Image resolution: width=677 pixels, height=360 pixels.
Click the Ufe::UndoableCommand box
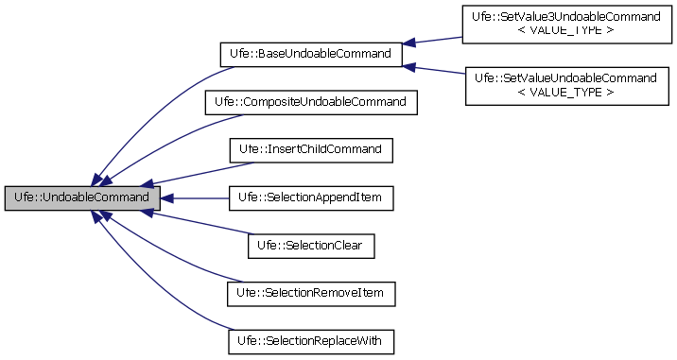[81, 197]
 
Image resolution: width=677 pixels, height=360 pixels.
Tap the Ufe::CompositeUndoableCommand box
[310, 101]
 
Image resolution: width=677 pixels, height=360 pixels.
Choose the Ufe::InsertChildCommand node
[310, 149]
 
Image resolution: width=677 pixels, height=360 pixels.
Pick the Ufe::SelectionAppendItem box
[310, 197]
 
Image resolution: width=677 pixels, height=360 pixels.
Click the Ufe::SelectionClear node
[310, 246]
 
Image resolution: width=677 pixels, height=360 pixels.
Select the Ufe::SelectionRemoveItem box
[310, 294]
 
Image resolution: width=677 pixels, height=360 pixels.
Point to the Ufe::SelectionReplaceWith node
[310, 341]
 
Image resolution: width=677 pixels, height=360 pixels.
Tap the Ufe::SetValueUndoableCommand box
[566, 83]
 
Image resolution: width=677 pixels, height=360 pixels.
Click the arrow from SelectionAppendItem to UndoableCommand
[194, 197]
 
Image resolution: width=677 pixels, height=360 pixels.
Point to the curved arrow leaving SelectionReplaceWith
[151, 283]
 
